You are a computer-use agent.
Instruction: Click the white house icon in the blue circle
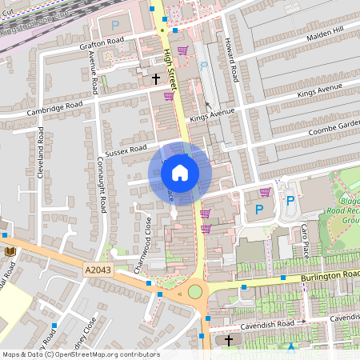click(x=180, y=173)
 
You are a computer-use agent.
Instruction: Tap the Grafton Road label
click(x=102, y=42)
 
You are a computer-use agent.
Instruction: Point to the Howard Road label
click(x=231, y=58)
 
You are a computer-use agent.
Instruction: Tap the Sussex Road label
click(x=126, y=150)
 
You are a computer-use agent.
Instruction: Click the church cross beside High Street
click(x=156, y=78)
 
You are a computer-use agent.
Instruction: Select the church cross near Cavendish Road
click(x=229, y=341)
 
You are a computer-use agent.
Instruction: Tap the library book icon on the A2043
click(x=10, y=252)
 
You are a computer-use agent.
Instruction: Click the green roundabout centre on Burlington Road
click(x=195, y=291)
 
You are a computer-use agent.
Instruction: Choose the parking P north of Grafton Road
click(x=114, y=26)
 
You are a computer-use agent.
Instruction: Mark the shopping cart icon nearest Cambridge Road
click(x=169, y=97)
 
